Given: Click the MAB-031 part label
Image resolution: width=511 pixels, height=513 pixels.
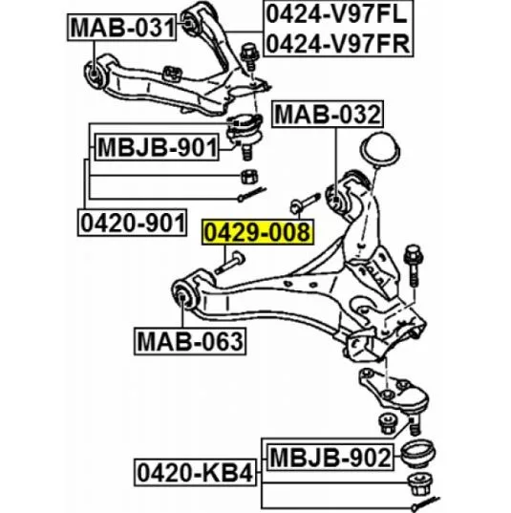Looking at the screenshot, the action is click(x=121, y=28).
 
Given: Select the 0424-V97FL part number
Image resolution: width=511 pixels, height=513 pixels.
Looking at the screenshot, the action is click(x=336, y=14).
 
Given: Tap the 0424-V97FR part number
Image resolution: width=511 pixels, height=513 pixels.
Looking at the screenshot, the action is click(x=338, y=43).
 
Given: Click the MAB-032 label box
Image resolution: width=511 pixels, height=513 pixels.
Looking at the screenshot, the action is click(x=328, y=115).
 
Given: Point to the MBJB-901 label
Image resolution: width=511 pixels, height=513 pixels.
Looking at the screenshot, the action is click(x=157, y=147).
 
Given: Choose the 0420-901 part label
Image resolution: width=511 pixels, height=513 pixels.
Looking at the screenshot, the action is click(x=133, y=223).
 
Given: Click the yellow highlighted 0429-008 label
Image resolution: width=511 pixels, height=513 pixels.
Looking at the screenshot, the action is click(x=257, y=232).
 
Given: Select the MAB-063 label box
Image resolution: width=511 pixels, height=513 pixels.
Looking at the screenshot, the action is click(x=190, y=341).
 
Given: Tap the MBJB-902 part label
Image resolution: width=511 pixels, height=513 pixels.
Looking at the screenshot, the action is click(x=330, y=457).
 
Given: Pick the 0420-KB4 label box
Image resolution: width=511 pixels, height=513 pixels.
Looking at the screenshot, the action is click(x=195, y=473).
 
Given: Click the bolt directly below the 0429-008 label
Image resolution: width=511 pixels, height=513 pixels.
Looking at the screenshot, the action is click(x=229, y=262).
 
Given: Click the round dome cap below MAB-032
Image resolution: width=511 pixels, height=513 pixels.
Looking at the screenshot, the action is click(x=380, y=149).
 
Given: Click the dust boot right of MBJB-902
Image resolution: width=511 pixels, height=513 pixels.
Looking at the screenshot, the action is click(x=418, y=455).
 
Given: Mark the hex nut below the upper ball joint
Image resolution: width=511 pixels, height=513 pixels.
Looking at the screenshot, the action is click(x=249, y=177).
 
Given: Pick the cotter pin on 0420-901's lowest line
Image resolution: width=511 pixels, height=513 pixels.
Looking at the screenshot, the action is click(x=252, y=194).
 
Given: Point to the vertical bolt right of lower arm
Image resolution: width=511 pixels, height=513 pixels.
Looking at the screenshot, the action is click(x=413, y=266).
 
